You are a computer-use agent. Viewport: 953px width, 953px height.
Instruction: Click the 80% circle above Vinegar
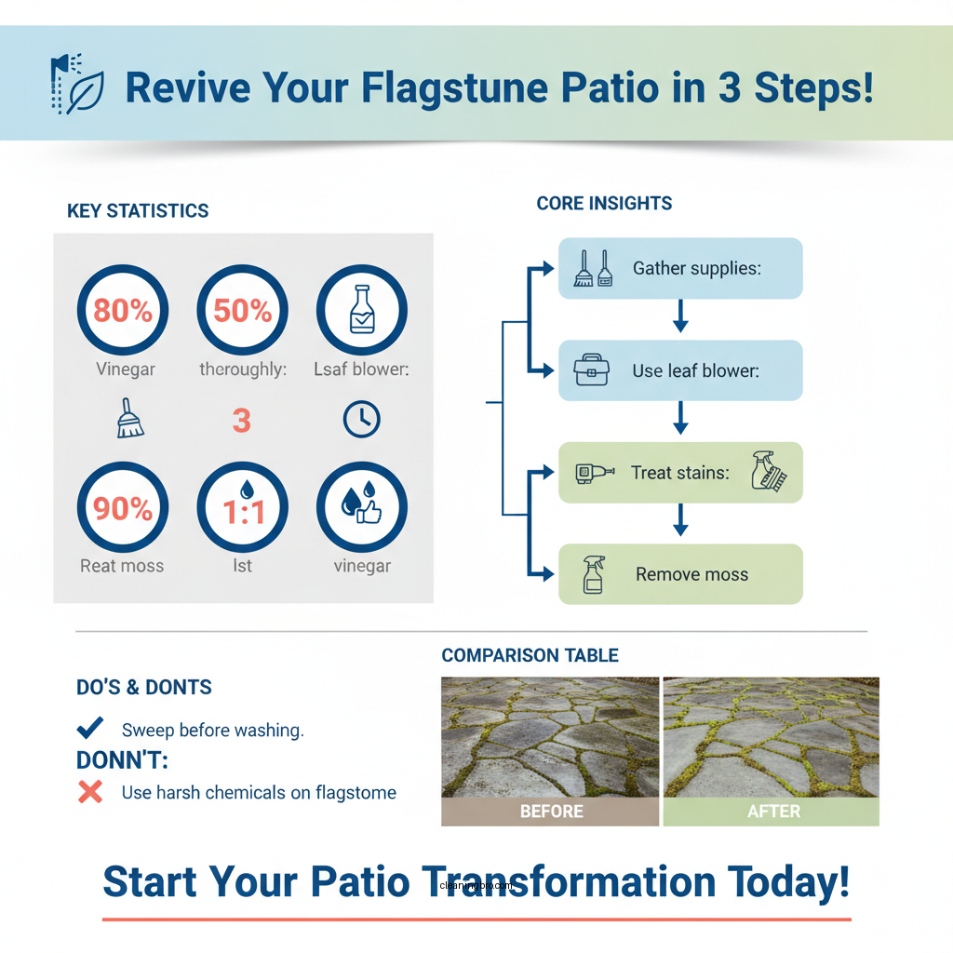pyautogui.click(x=122, y=310)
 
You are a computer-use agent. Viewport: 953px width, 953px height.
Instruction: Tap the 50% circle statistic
pyautogui.click(x=242, y=310)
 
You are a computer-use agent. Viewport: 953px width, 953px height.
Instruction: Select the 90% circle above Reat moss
pyautogui.click(x=122, y=509)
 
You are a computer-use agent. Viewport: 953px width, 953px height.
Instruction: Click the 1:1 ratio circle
pyautogui.click(x=242, y=509)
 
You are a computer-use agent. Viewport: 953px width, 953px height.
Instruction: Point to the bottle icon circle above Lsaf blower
pyautogui.click(x=362, y=310)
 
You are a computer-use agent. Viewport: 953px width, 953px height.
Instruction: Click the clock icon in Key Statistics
pyautogui.click(x=362, y=420)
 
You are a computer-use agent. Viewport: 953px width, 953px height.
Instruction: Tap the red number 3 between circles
pyautogui.click(x=242, y=421)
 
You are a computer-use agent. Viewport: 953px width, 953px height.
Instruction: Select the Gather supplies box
pyautogui.click(x=680, y=268)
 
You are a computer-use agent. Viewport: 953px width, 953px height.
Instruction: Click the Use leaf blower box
pyautogui.click(x=680, y=370)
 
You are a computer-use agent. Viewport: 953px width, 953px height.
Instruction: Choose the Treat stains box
pyautogui.click(x=680, y=473)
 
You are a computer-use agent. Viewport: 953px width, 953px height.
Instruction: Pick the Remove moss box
pyautogui.click(x=680, y=574)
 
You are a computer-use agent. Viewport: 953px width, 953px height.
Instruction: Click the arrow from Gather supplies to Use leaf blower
pyautogui.click(x=680, y=319)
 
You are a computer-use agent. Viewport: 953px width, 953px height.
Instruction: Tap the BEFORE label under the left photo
pyautogui.click(x=551, y=812)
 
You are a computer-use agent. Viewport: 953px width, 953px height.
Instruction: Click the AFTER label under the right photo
pyautogui.click(x=772, y=812)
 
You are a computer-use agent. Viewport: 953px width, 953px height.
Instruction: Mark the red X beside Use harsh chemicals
pyautogui.click(x=90, y=793)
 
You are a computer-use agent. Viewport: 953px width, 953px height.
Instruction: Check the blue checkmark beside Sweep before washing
pyautogui.click(x=90, y=729)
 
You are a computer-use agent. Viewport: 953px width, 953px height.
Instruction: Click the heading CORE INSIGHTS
pyautogui.click(x=604, y=203)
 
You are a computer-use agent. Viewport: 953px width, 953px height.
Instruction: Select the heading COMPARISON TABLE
pyautogui.click(x=530, y=656)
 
